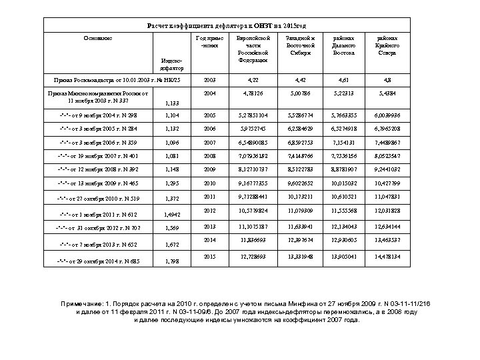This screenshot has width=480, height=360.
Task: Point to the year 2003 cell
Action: click(209, 80)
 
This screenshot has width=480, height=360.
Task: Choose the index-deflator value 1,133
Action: click(171, 103)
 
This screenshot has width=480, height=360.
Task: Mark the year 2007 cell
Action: click(209, 143)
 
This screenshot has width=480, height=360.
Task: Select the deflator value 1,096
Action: click(172, 143)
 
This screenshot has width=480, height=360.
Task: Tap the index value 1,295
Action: click(172, 182)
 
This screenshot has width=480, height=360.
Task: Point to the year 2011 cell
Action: click(209, 197)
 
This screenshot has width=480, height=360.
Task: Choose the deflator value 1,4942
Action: click(173, 215)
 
